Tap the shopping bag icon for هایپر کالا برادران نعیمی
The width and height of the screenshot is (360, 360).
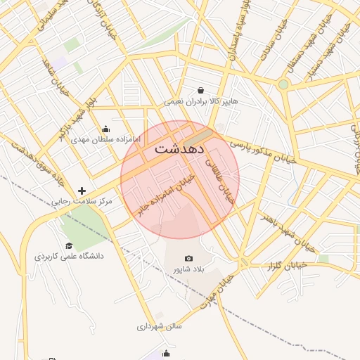point(202,90)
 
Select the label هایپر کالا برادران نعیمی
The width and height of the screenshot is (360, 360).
point(202,101)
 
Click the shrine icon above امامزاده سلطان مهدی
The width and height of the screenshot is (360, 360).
point(105,129)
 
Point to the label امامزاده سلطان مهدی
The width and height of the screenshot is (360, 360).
point(106,140)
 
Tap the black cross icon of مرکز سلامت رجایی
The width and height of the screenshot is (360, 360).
point(82,191)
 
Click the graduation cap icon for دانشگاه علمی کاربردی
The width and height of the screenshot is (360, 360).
point(69,245)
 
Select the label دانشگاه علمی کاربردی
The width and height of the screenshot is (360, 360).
point(69,257)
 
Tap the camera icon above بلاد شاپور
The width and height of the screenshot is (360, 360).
point(188,259)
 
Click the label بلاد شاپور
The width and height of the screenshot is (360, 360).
point(188,270)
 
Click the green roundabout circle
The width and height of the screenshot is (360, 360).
point(283,84)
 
